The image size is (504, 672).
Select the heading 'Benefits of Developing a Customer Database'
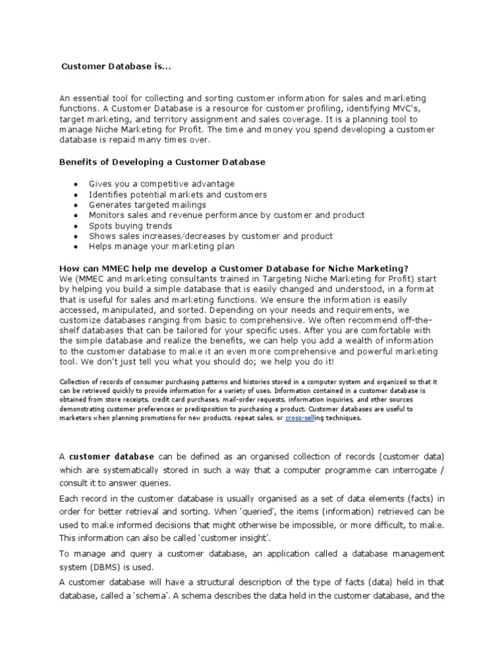click(x=162, y=161)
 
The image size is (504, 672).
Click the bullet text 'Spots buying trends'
click(x=130, y=226)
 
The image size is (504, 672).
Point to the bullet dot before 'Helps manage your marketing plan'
click(x=77, y=247)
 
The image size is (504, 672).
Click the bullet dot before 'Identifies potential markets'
click(x=77, y=195)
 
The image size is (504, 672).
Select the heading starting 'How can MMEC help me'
click(x=234, y=268)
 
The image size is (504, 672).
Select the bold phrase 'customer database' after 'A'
click(x=112, y=456)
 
